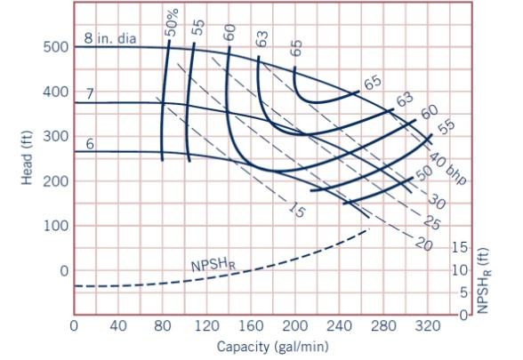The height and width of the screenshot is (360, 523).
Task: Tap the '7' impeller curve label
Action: click(x=90, y=93)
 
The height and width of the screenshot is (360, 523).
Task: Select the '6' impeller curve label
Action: click(x=90, y=143)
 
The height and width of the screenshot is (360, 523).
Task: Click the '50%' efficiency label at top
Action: click(x=171, y=22)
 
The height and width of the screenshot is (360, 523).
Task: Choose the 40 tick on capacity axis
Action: click(x=118, y=325)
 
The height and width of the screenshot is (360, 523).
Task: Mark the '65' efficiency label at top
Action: click(x=296, y=45)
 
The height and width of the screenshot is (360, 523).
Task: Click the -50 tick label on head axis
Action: click(x=52, y=315)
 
